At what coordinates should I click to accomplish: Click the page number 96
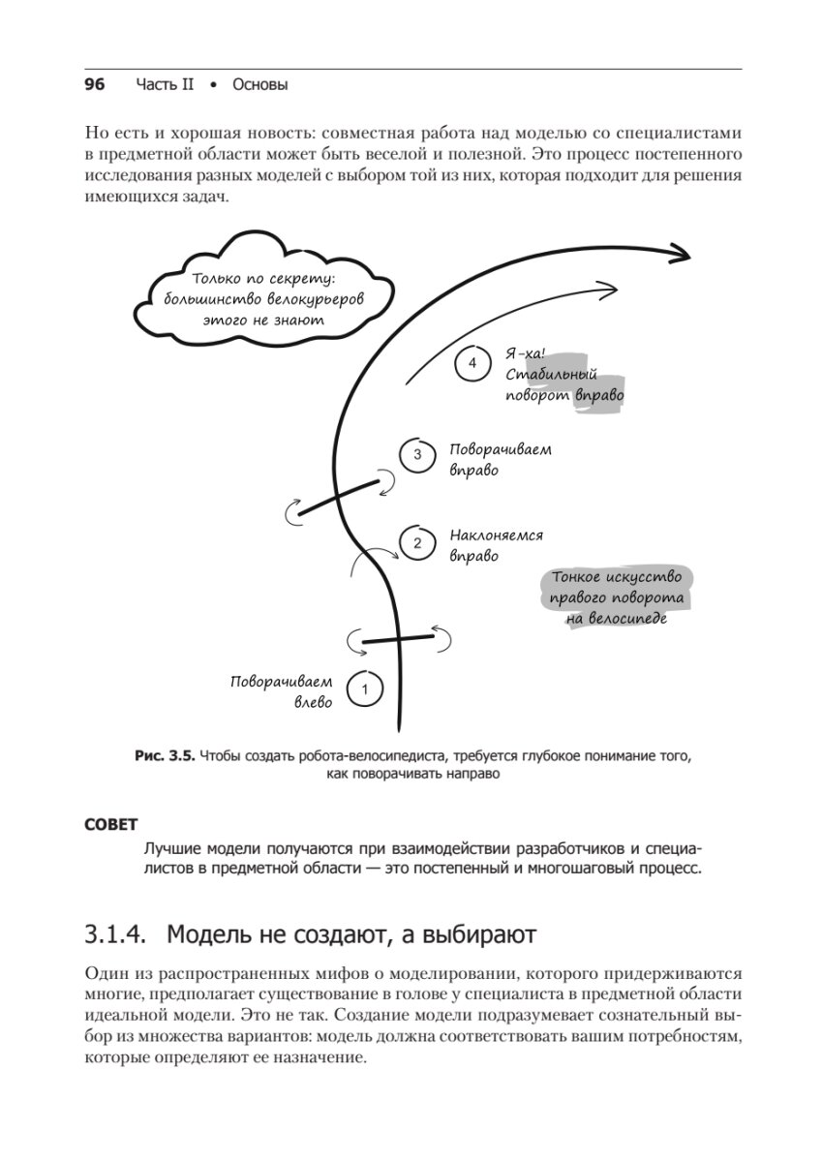(x=94, y=84)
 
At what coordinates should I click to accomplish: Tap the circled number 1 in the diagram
(x=364, y=689)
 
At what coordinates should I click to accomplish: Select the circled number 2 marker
(x=417, y=543)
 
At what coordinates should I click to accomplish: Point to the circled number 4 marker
(x=472, y=363)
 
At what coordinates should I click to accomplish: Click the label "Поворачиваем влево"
(x=281, y=691)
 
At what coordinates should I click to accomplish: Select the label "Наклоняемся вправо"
(x=495, y=545)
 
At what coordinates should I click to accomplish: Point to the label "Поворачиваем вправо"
(x=500, y=459)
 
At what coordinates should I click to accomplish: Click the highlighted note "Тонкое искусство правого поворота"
(x=617, y=596)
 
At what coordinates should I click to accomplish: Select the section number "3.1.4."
(x=116, y=934)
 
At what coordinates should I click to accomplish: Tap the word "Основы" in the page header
(x=260, y=85)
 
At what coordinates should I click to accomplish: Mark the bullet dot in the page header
(x=213, y=85)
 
